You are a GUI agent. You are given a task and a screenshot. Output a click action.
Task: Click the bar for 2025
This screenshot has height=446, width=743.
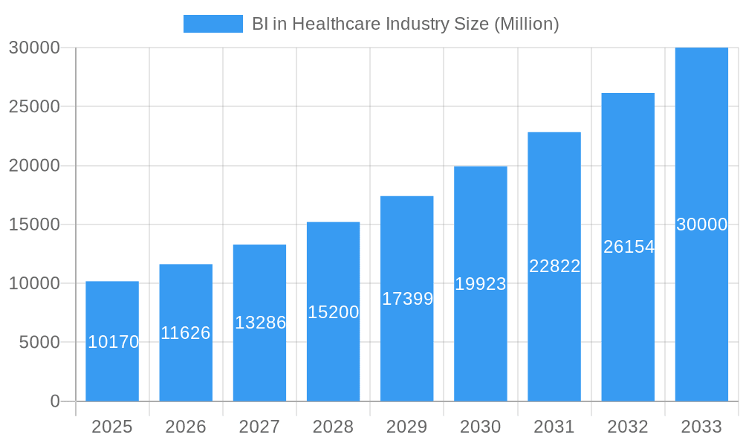[x=112, y=372]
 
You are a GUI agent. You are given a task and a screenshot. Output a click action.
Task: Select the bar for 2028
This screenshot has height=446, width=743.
[x=333, y=349]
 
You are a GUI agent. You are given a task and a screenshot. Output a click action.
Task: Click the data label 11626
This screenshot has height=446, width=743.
[x=186, y=333]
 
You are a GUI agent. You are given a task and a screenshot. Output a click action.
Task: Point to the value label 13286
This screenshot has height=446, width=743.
[x=260, y=323]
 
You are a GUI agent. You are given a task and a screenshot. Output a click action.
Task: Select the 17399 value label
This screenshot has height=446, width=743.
[x=407, y=299]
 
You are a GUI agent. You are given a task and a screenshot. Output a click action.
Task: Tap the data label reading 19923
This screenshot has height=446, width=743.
[x=481, y=284]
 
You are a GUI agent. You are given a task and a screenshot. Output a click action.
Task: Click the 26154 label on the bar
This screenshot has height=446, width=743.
[x=629, y=247]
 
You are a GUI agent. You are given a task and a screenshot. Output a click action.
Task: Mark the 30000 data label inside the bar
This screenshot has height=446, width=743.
[x=701, y=224]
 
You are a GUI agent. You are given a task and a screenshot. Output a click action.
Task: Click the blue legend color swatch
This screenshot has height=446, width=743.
[x=213, y=24]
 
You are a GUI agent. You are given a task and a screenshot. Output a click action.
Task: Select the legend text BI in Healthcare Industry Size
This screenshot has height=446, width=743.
[x=405, y=24]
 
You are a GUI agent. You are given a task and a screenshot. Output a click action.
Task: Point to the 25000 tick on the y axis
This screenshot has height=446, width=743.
[x=34, y=106]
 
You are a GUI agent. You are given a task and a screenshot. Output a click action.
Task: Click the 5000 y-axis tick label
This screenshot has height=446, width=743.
[x=39, y=343]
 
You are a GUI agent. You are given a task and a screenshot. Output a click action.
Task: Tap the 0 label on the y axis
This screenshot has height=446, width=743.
[x=55, y=401]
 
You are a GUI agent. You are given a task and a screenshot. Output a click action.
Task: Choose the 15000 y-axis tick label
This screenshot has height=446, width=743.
[x=34, y=224]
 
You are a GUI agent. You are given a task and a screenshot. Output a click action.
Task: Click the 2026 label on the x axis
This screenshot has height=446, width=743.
[x=186, y=427]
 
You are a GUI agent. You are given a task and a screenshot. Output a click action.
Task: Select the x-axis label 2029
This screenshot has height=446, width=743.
[x=407, y=427]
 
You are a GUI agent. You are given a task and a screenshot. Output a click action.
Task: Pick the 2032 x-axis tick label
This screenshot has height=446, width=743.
[x=628, y=427]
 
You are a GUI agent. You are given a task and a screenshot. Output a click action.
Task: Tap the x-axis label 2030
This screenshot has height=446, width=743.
[x=481, y=427]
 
